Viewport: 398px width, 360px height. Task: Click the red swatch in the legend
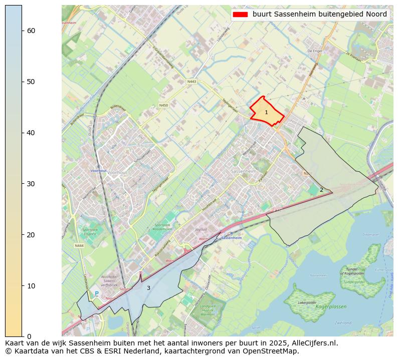[240, 15]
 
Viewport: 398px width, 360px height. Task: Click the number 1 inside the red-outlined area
[266, 113]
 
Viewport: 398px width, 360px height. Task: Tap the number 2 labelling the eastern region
[321, 190]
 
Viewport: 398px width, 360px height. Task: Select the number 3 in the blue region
[148, 288]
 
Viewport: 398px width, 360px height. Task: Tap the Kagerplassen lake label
[331, 306]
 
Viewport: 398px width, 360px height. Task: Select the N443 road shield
[191, 82]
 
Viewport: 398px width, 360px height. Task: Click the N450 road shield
[163, 105]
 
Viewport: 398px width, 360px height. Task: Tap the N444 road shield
[79, 245]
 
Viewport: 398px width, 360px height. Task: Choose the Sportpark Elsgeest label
[90, 231]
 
